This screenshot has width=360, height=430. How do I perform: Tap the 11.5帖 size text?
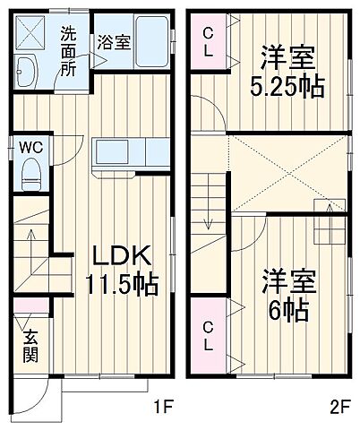point(122,285)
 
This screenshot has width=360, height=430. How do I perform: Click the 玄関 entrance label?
point(30,346)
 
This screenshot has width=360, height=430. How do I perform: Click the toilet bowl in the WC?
point(30,169)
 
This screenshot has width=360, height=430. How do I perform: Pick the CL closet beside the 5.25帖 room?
point(207,42)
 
